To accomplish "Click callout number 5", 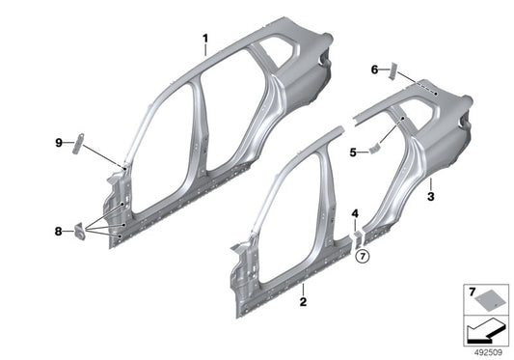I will click(x=353, y=152).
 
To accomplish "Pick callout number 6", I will click(x=374, y=69).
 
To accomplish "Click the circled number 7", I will click(x=363, y=257).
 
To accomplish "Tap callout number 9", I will click(x=58, y=143).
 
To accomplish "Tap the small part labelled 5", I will click(x=374, y=150).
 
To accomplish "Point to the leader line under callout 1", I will click(x=205, y=50).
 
